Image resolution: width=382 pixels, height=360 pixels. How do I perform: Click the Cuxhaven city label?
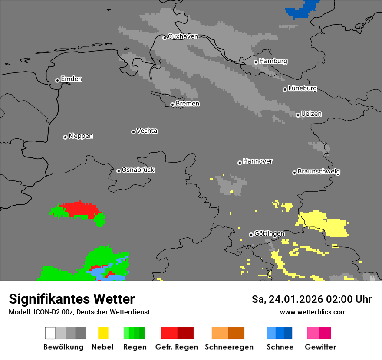tap(183, 36)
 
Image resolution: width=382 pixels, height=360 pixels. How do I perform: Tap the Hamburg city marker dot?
tap(256, 62)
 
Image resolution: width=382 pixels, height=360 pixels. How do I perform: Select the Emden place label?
tap(71, 79)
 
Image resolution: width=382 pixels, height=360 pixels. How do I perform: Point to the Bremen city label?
tap(188, 104)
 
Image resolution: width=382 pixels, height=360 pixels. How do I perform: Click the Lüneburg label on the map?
tap(303, 88)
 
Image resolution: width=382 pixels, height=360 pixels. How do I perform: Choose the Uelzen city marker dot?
tap(298, 115)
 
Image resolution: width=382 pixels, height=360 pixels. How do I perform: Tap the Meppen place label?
tap(81, 136)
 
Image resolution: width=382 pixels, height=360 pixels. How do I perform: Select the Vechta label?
tap(147, 131)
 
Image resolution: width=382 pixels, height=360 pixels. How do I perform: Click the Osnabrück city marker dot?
tap(119, 171)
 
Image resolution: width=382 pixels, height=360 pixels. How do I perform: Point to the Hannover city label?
tap(258, 161)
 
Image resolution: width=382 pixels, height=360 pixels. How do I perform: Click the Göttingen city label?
tap(269, 234)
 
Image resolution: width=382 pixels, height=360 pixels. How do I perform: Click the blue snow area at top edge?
tap(302, 10)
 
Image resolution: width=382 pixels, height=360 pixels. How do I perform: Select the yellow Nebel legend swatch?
tap(103, 333)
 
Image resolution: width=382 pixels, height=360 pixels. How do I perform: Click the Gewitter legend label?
tap(320, 347)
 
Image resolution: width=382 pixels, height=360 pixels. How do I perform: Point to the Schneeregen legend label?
tap(229, 347)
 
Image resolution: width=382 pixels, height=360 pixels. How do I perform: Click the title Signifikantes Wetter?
tap(72, 299)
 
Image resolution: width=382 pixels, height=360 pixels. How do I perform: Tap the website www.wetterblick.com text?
tap(313, 312)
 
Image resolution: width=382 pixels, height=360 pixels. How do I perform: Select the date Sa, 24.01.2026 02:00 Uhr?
tap(311, 299)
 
